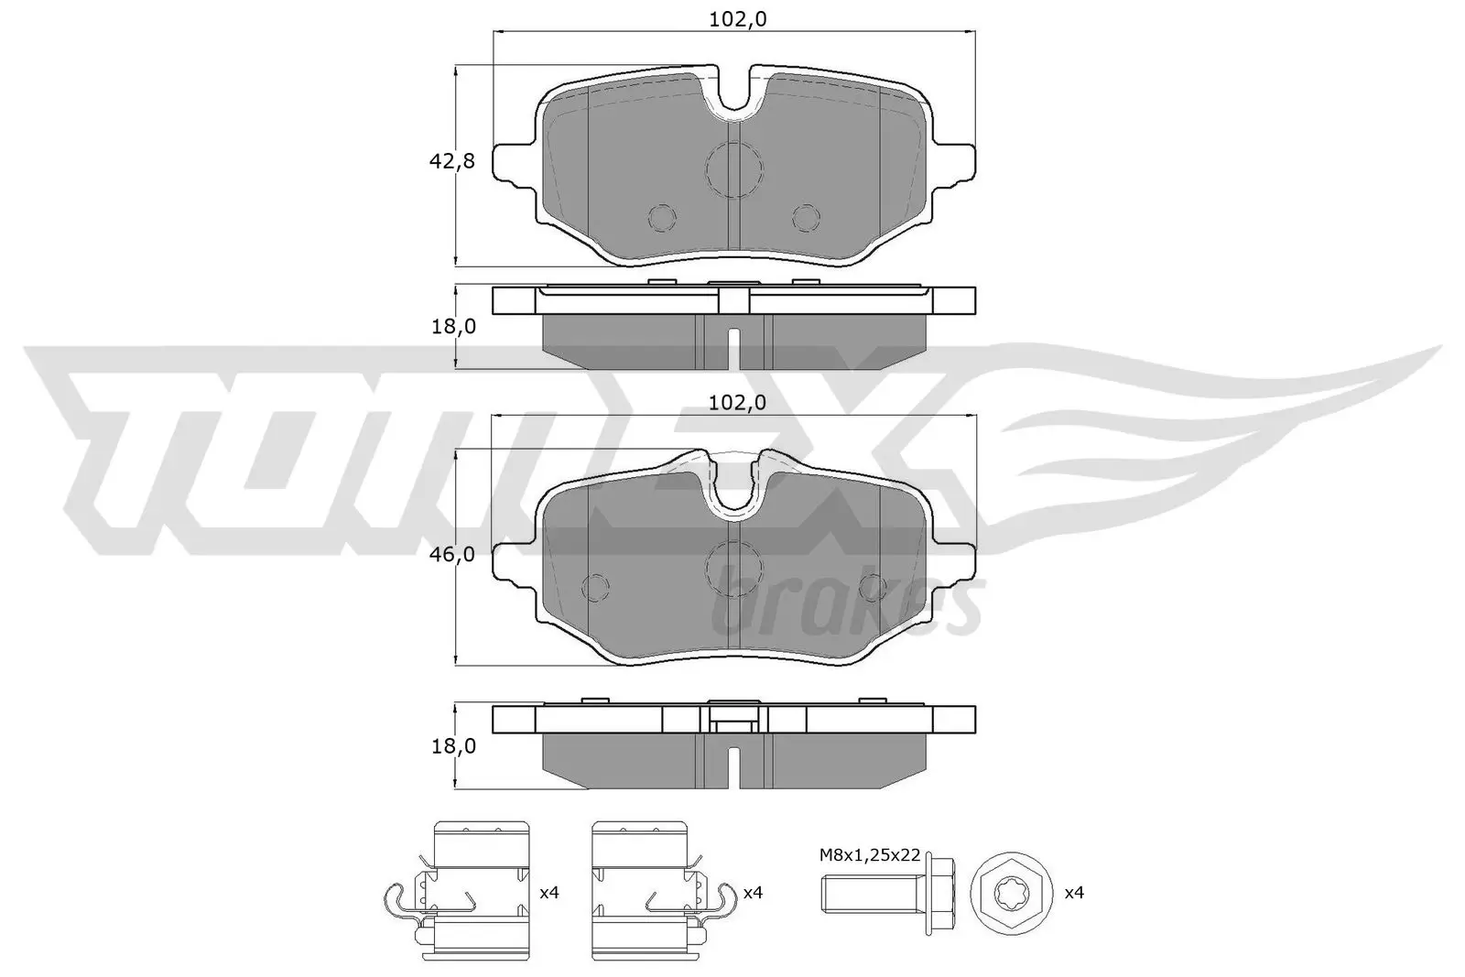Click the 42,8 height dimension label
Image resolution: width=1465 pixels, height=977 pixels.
point(451,161)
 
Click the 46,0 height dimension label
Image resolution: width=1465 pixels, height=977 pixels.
point(451,554)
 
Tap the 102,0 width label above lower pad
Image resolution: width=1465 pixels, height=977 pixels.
point(738,402)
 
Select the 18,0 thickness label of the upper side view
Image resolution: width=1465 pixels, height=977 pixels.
point(453,326)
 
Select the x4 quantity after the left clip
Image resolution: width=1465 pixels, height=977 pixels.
point(548,892)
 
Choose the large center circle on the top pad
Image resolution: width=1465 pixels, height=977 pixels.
point(734,169)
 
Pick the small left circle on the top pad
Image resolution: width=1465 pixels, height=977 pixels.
point(661,218)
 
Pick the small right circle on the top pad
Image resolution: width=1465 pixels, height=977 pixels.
point(806,218)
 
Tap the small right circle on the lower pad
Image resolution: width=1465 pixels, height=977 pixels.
point(872,586)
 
